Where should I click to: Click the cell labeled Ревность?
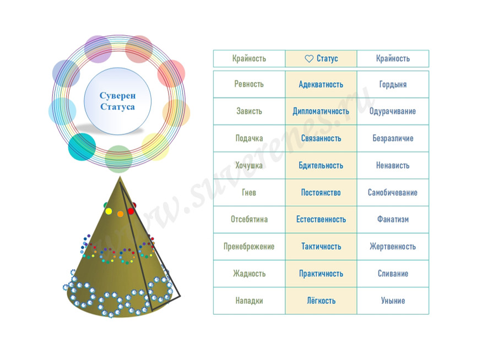(x=249, y=84)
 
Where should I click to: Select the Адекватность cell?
(x=321, y=84)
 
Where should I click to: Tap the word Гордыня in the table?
(x=393, y=84)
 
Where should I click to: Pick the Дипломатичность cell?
(x=321, y=111)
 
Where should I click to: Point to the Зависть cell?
(x=249, y=111)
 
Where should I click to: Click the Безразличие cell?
(x=393, y=138)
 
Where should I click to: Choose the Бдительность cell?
(x=321, y=165)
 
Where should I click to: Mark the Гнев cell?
(x=249, y=193)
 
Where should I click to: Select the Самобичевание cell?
(x=393, y=193)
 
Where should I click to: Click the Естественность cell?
(x=321, y=219)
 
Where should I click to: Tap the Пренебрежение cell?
(x=249, y=247)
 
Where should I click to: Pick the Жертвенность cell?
(x=393, y=247)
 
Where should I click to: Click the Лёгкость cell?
(x=321, y=301)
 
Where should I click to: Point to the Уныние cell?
(x=393, y=301)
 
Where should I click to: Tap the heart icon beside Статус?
(x=309, y=58)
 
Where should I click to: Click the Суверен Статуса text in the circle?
(x=117, y=101)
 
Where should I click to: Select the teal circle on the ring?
(x=82, y=146)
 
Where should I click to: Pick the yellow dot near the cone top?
(x=109, y=211)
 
